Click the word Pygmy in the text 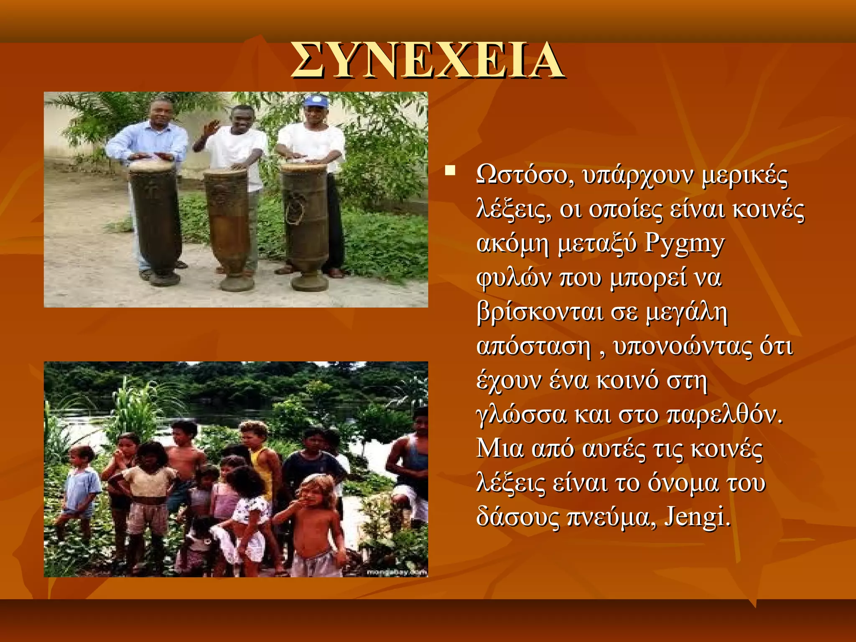(x=684, y=244)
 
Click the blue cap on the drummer (x=316, y=101)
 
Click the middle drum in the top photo (x=229, y=226)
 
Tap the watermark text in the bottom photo (x=396, y=572)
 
